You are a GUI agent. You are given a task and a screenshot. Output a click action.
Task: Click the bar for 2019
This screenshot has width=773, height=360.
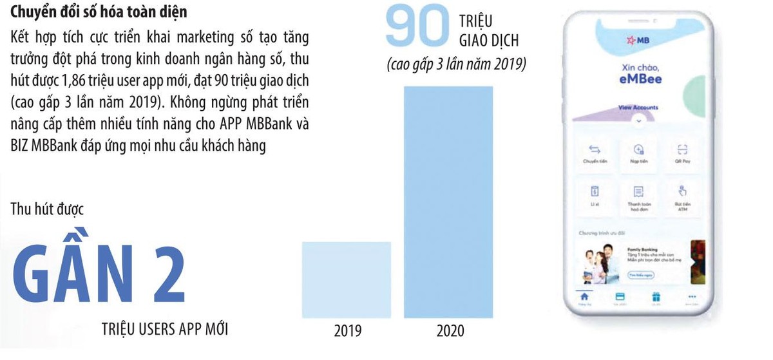(346, 279)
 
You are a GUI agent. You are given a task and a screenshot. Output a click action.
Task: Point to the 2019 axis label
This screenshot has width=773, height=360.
(347, 332)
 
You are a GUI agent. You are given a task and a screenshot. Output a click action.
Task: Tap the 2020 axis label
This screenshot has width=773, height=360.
(450, 332)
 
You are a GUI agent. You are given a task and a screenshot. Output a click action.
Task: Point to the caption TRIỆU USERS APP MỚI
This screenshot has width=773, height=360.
(165, 329)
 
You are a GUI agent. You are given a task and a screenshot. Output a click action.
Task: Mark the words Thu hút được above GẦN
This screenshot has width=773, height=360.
(48, 209)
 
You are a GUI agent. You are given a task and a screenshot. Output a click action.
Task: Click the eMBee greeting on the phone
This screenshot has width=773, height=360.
(636, 79)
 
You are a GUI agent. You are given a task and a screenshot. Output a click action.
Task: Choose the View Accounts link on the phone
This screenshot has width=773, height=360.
(638, 108)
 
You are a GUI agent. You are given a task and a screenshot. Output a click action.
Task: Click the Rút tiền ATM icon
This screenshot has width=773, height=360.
(682, 192)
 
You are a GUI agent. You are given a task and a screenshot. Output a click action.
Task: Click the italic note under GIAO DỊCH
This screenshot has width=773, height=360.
(456, 65)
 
